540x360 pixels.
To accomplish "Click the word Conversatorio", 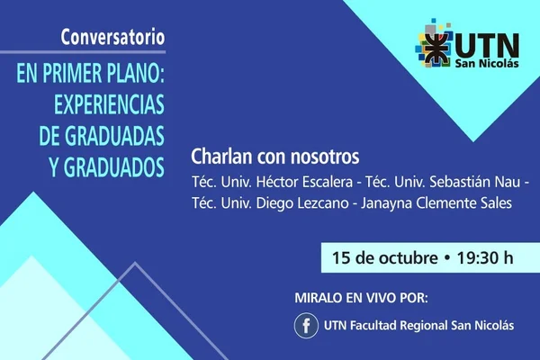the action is [x=113, y=37].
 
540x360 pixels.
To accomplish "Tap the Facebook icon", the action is [x=306, y=326].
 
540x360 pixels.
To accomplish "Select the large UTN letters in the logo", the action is [x=487, y=46].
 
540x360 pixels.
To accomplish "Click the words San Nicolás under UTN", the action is [x=487, y=63].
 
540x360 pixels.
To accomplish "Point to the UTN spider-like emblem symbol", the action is [x=436, y=49].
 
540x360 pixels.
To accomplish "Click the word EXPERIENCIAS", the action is [x=109, y=104].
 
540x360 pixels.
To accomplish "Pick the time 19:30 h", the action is [x=485, y=257].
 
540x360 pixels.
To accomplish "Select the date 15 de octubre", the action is [x=384, y=257].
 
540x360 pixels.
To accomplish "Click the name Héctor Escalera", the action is [x=304, y=182].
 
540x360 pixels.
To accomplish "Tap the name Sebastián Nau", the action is [x=475, y=182].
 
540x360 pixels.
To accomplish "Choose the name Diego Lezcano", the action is [x=302, y=202].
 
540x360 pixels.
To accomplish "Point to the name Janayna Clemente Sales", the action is [x=436, y=202].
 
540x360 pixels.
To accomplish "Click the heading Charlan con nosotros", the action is [x=275, y=157].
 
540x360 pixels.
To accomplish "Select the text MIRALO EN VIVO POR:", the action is [x=361, y=298].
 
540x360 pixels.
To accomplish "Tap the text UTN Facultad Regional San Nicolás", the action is [x=418, y=326].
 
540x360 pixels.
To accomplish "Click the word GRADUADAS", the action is [x=114, y=136].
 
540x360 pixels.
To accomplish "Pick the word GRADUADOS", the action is [x=114, y=167].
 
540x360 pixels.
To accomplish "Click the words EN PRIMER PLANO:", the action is [x=91, y=73].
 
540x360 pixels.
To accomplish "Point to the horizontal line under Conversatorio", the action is [x=83, y=52].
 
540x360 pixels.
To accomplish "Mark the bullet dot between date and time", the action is [x=447, y=258].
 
